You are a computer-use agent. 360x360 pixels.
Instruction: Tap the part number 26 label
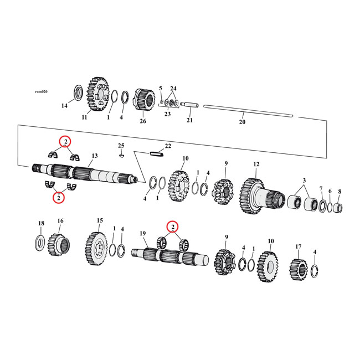click(x=143, y=121)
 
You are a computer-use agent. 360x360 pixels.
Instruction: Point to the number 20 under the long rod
click(x=241, y=122)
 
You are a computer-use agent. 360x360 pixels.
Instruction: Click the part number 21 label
click(x=189, y=120)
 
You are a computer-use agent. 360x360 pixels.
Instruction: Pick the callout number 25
click(x=121, y=146)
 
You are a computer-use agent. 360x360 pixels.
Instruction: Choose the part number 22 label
click(x=168, y=146)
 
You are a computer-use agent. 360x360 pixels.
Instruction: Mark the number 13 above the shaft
click(x=95, y=156)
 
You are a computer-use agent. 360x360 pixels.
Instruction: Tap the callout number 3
click(x=304, y=181)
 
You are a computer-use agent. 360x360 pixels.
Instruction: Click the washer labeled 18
click(x=41, y=241)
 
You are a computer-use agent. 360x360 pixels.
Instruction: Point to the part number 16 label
click(x=60, y=221)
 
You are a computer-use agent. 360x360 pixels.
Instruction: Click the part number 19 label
click(x=142, y=234)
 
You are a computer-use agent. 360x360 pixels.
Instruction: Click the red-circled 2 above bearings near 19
click(x=173, y=227)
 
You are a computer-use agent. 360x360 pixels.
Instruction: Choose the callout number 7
click(x=321, y=189)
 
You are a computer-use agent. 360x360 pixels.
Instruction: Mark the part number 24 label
click(x=173, y=88)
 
